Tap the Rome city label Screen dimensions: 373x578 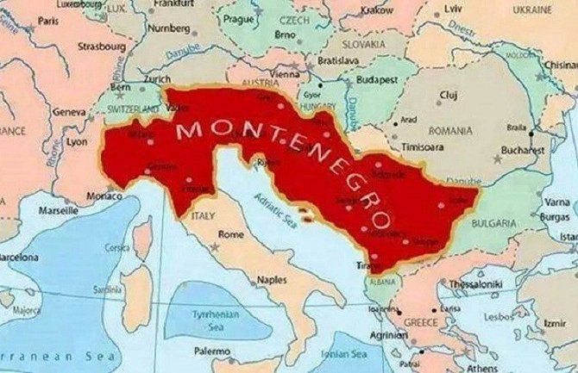(x=232, y=234)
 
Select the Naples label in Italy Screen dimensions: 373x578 (x=272, y=281)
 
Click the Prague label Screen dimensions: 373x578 (x=237, y=18)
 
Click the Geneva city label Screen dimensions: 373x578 (x=68, y=112)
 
